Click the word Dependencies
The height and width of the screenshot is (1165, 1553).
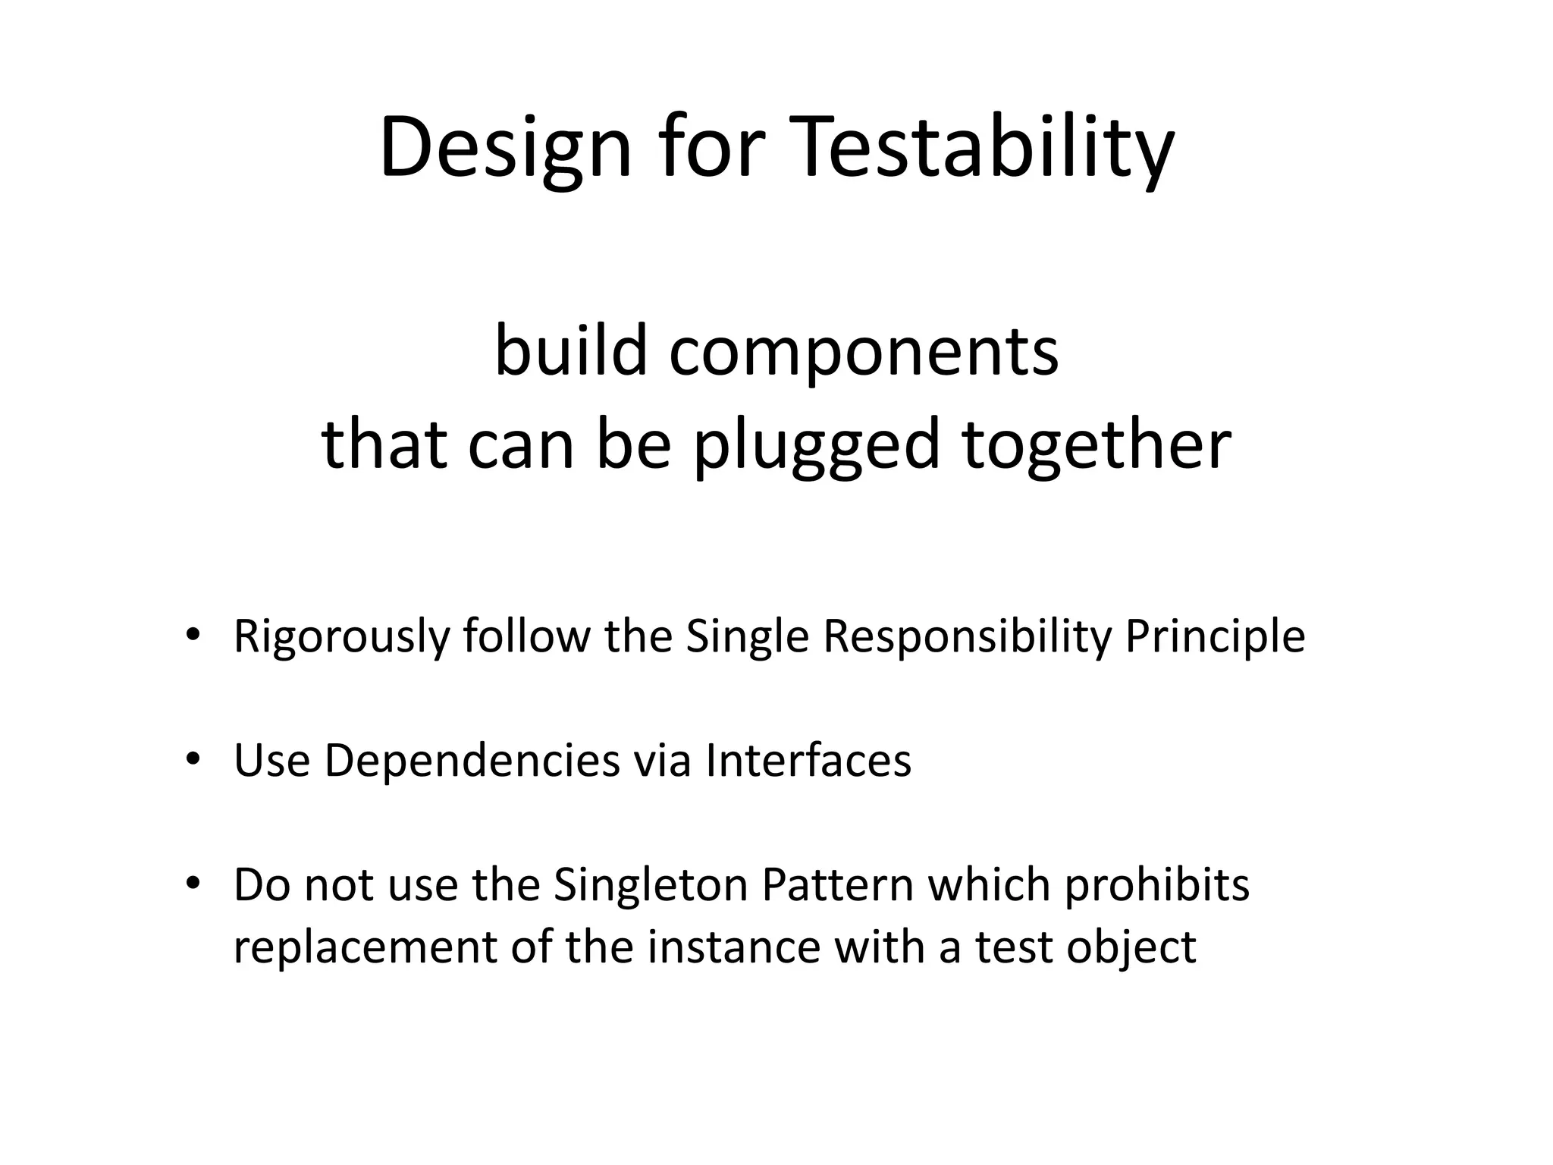[472, 760]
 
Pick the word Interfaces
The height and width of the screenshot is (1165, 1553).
[808, 760]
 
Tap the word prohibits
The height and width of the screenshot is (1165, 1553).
[1157, 884]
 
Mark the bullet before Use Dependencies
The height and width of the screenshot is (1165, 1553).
[193, 758]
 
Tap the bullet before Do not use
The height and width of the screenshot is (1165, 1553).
[193, 883]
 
